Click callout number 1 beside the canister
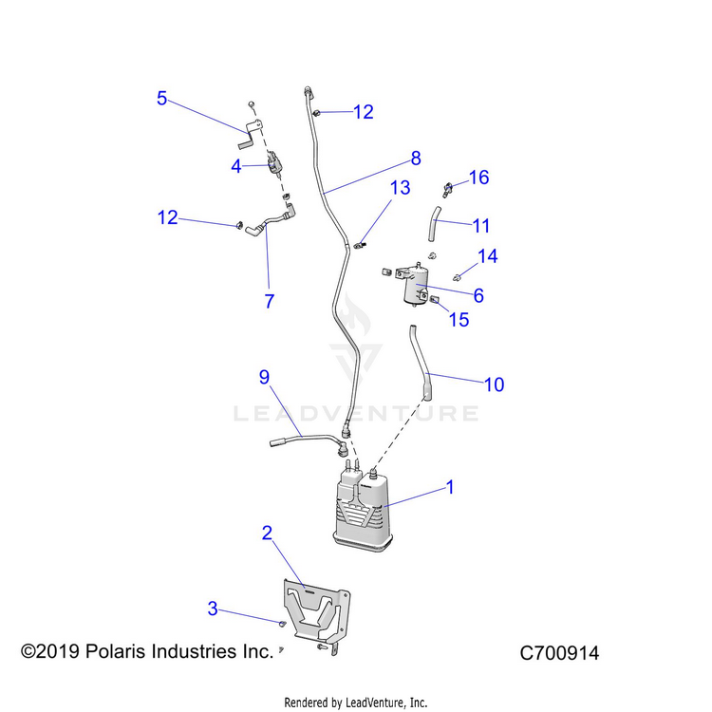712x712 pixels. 451,487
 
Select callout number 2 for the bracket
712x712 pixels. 268,533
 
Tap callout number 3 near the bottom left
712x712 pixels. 213,608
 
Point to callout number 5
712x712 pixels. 162,98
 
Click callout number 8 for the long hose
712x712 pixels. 415,159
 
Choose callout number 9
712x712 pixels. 265,377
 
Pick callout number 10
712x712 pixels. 494,384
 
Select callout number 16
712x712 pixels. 478,178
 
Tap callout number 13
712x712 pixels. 400,188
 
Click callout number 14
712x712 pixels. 487,256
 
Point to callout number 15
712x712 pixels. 459,320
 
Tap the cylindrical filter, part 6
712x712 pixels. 416,285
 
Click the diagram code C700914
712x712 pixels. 559,653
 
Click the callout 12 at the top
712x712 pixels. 363,112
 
